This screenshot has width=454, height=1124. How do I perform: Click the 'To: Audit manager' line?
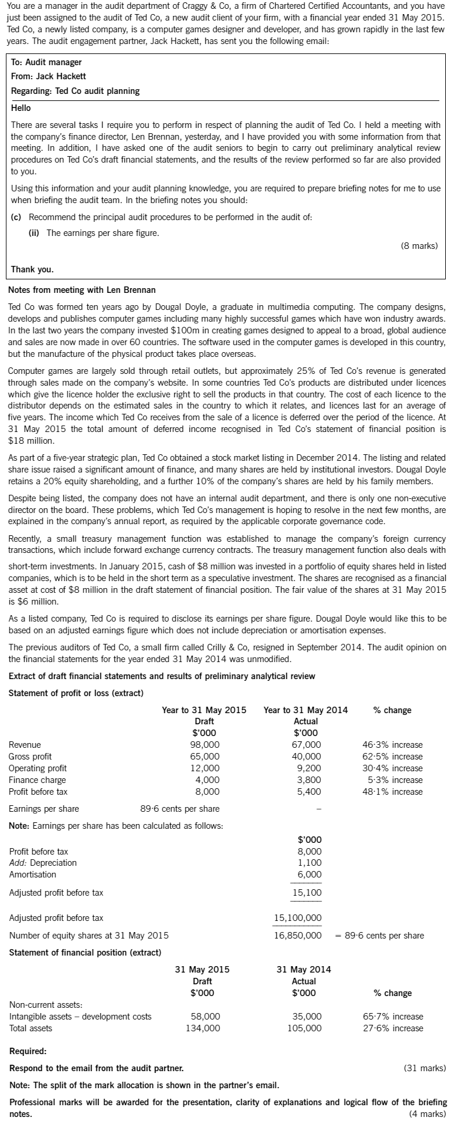pos(46,62)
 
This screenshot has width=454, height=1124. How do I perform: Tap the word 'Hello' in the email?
pos(21,108)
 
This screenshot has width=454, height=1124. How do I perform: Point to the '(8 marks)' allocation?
pos(419,246)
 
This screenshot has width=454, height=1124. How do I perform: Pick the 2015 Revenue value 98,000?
pos(206,745)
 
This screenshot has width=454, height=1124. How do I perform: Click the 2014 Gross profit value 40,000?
pos(307,757)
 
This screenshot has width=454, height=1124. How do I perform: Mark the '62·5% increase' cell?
pos(392,757)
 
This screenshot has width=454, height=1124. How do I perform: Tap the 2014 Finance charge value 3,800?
pos(310,780)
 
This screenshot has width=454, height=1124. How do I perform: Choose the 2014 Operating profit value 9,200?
pos(310,768)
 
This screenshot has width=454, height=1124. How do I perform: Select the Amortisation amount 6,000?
pos(310,875)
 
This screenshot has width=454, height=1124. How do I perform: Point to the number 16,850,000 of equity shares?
pos(298,936)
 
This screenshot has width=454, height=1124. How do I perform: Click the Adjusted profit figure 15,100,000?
pos(298,918)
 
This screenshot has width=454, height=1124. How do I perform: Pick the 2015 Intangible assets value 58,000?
pos(206,1017)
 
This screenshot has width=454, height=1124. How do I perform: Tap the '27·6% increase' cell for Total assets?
pos(393,1028)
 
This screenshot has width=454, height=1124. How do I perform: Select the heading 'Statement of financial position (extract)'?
pos(85,952)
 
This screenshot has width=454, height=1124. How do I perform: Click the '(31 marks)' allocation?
pos(425,1068)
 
